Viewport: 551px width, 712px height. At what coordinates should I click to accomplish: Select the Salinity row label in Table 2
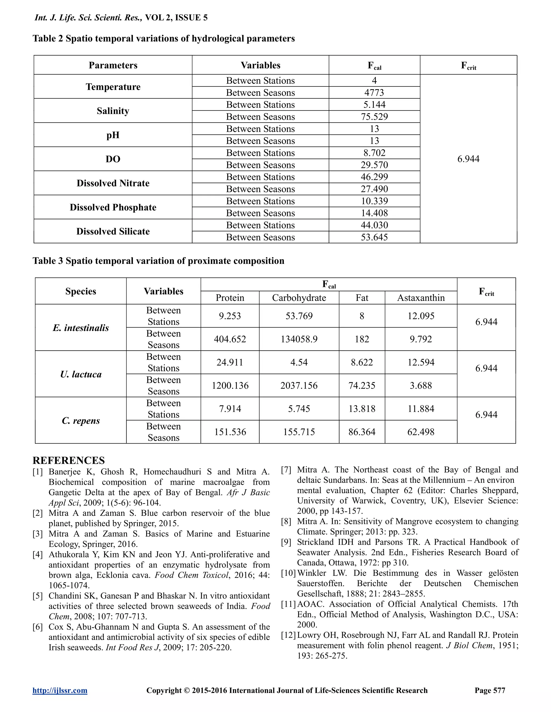(x=113, y=111)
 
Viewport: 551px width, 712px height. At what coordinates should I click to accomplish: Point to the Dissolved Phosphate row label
(x=113, y=207)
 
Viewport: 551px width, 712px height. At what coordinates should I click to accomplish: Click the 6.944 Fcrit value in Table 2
(x=468, y=159)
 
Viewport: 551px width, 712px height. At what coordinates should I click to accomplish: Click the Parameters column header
(x=113, y=65)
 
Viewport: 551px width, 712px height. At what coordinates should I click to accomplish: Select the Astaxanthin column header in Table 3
(x=421, y=298)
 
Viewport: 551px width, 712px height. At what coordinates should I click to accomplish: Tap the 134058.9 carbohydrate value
(x=299, y=339)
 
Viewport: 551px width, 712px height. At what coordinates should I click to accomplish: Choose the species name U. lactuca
(x=81, y=374)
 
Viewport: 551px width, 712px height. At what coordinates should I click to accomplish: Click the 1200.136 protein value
(x=230, y=386)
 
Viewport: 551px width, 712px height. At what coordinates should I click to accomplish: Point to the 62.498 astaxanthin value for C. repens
(x=421, y=432)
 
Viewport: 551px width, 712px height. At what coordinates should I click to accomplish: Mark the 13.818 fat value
(x=362, y=409)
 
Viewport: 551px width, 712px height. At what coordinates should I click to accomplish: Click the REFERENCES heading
(x=69, y=460)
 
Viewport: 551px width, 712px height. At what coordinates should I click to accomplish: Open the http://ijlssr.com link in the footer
(x=60, y=691)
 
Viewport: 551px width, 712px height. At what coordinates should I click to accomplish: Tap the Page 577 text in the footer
(x=490, y=691)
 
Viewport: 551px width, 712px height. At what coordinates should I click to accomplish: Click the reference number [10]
(x=288, y=573)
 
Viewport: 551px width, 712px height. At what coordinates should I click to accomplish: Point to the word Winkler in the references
(x=313, y=573)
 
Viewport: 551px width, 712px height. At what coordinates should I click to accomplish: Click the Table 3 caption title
(x=158, y=261)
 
